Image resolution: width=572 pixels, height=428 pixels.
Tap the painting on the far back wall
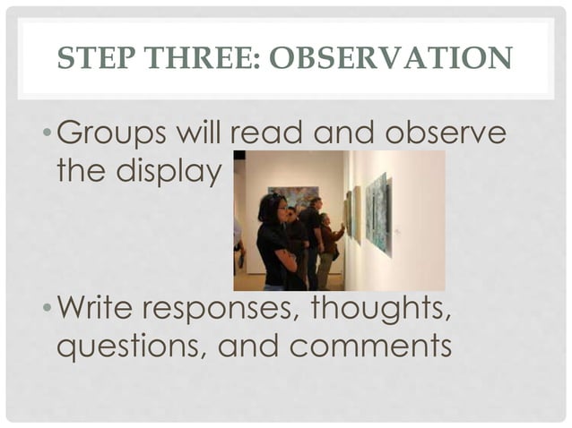(x=292, y=195)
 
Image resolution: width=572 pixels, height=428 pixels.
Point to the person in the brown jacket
(x=328, y=244)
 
